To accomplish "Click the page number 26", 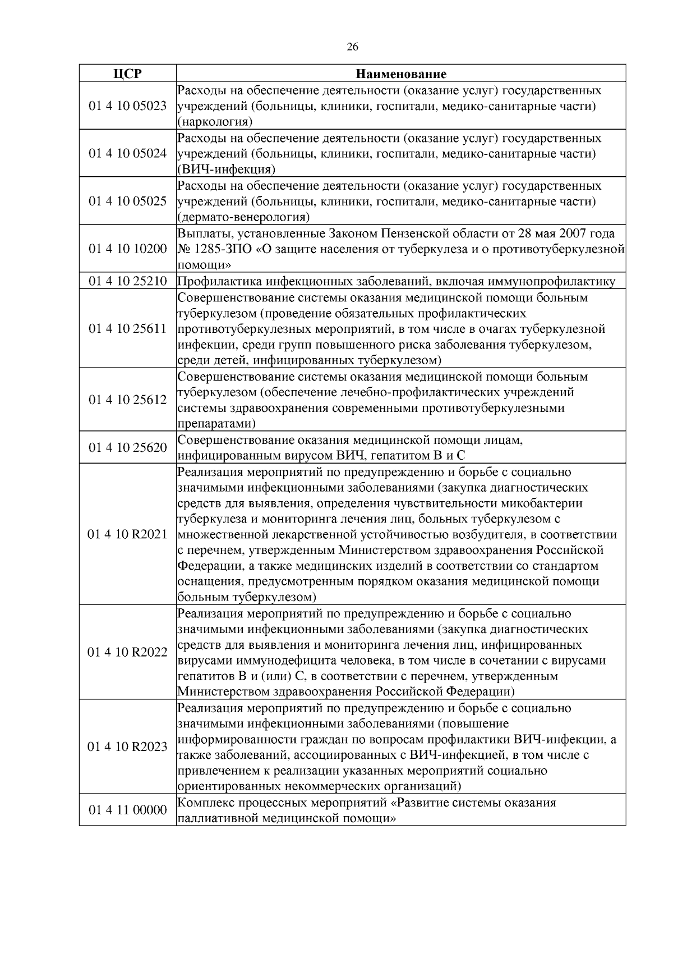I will point(352,47).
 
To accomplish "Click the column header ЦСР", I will point(127,74).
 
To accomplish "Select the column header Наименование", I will point(401,74).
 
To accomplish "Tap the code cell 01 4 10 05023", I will point(127,106).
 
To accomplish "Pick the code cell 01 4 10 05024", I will point(127,153).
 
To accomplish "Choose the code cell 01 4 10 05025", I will point(127,201).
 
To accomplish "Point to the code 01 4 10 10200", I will point(127,249).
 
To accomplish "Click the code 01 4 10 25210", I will point(127,281).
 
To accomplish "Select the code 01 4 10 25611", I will point(127,328).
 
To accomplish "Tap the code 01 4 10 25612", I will point(127,400).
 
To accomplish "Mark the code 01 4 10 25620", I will point(127,447).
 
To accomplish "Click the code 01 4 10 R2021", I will point(127,534).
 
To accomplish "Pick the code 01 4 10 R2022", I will point(127,652).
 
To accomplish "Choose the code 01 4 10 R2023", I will point(127,747).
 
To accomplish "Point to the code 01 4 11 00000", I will point(127,810).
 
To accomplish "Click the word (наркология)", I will point(215,121).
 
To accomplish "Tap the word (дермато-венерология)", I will point(243,217).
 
